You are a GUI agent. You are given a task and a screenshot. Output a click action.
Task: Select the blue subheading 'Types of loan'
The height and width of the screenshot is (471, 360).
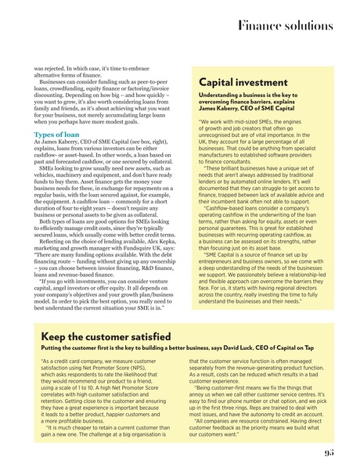pyautogui.click(x=56, y=135)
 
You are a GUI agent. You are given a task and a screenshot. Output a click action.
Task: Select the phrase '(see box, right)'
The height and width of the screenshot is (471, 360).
pyautogui.click(x=156, y=143)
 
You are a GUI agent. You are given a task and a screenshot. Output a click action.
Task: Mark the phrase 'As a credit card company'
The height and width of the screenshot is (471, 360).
pyautogui.click(x=70, y=362)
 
